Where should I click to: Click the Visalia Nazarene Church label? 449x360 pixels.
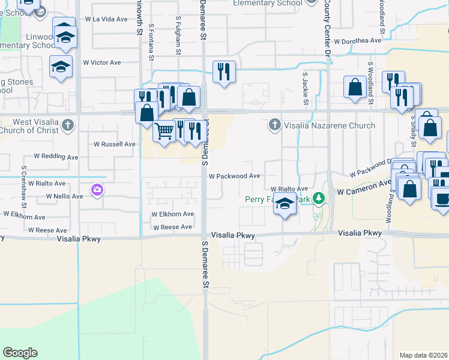point(330,125)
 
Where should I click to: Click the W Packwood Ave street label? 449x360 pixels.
point(234,176)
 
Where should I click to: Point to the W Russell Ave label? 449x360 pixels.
point(115,144)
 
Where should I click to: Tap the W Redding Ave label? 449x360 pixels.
point(56,157)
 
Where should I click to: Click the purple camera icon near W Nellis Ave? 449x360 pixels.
point(97,190)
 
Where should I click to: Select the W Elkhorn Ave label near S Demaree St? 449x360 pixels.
point(172,214)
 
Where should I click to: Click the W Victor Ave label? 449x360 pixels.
point(102,62)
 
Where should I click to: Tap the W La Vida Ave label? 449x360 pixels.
point(106,19)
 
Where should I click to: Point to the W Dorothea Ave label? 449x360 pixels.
point(358,41)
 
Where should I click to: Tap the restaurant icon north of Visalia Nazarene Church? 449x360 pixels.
point(223,71)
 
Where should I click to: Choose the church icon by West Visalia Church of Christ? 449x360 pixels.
point(68,125)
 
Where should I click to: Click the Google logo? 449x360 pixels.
point(20,353)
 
